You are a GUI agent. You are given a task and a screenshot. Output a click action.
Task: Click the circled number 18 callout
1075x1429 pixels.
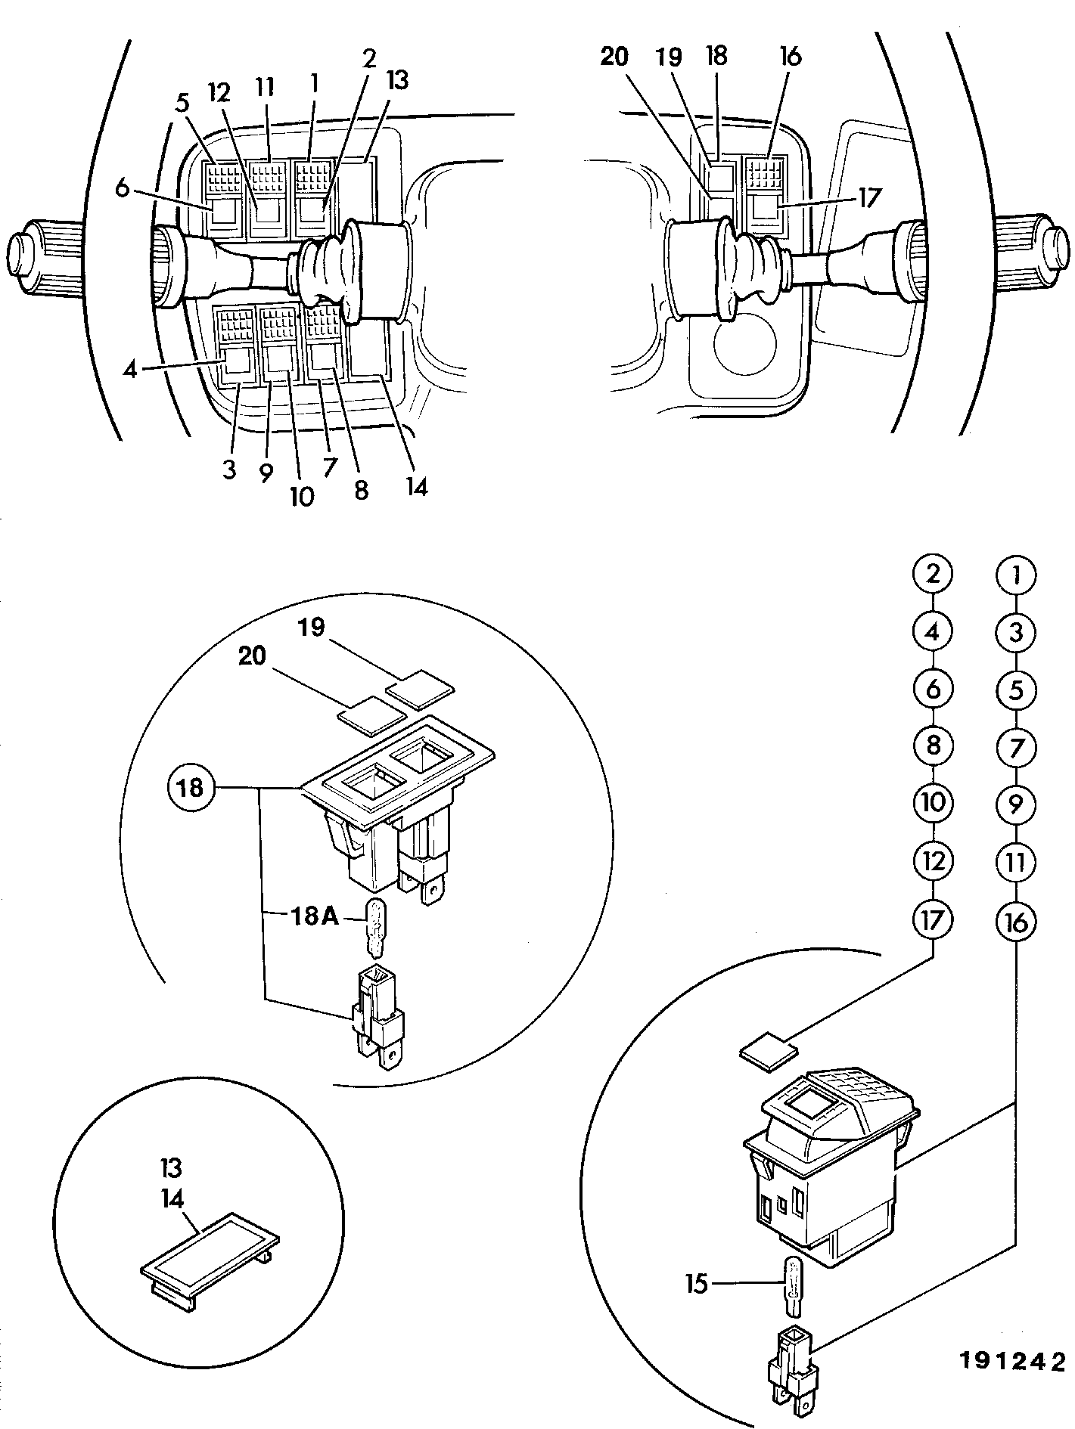tap(191, 789)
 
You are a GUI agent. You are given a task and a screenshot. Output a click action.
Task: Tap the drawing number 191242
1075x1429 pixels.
tap(1012, 1362)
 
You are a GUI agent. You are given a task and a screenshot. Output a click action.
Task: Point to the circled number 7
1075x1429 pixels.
tap(1015, 748)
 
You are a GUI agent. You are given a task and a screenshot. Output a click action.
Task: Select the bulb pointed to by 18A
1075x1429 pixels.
tap(374, 926)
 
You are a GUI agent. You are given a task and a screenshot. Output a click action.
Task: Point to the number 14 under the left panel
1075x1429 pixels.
tap(415, 487)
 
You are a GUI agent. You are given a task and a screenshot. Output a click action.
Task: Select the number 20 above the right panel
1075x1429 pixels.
tap(615, 57)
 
